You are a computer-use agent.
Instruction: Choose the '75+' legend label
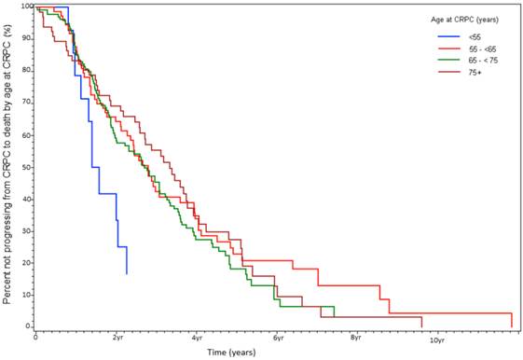point(474,72)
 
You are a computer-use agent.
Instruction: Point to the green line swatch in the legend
point(447,61)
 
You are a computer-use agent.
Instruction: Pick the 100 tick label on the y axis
point(24,7)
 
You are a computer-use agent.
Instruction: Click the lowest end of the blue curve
point(127,273)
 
